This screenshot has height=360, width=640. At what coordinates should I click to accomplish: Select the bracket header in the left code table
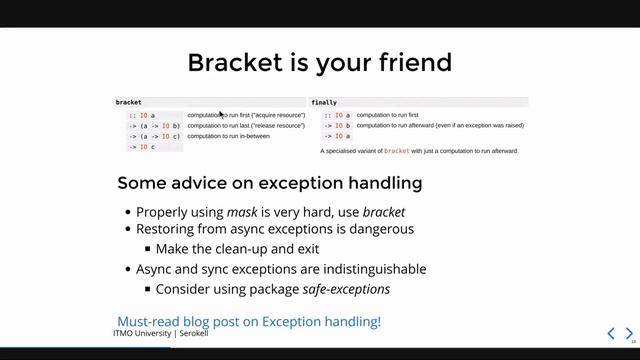pos(129,102)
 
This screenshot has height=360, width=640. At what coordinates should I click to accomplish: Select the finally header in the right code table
pos(324,102)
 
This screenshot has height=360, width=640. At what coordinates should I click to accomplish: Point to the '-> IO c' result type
pos(141,147)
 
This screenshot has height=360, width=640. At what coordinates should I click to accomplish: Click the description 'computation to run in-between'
pos(234,136)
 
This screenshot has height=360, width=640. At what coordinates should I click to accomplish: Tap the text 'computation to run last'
pos(221,126)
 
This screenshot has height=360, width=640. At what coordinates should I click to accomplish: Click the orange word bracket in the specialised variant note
pos(397,151)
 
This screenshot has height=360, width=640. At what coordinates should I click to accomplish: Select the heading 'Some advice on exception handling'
pos(269,183)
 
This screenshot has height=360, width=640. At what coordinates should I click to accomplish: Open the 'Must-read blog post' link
pos(249,321)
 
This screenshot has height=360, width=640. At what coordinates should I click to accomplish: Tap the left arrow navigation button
pos(611,333)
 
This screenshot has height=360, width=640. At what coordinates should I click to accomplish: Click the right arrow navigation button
pos(629,333)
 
